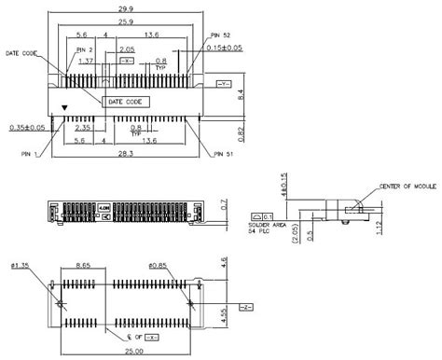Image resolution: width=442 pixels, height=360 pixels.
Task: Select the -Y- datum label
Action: [x=223, y=85]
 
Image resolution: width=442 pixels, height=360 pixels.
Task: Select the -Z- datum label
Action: [x=245, y=305]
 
